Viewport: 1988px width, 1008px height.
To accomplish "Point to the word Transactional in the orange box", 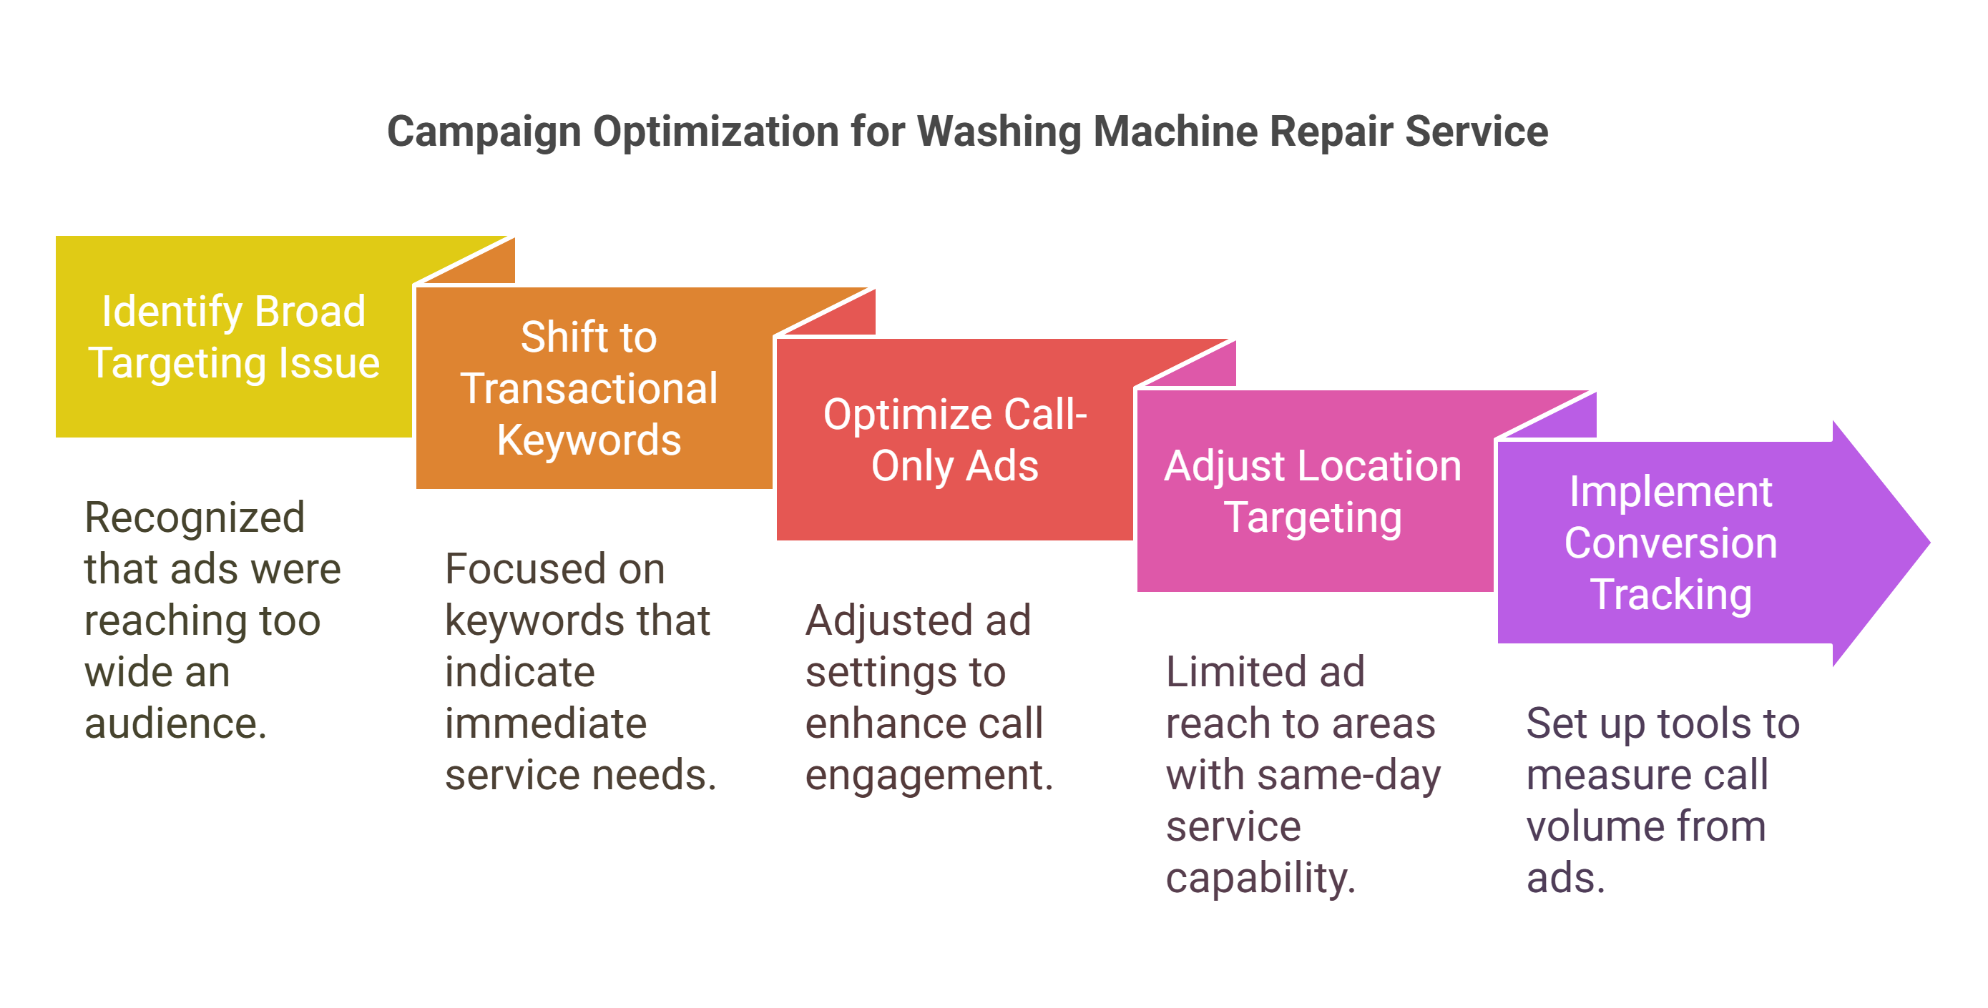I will (x=589, y=388).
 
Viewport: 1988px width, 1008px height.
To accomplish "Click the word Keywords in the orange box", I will (x=589, y=440).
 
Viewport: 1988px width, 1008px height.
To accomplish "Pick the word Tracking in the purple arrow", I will (x=1671, y=595).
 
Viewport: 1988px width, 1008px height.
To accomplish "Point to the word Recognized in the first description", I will (x=195, y=518).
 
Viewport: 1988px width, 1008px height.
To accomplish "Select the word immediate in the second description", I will (x=546, y=724).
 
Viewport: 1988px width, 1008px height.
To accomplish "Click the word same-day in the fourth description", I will (x=1348, y=776).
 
